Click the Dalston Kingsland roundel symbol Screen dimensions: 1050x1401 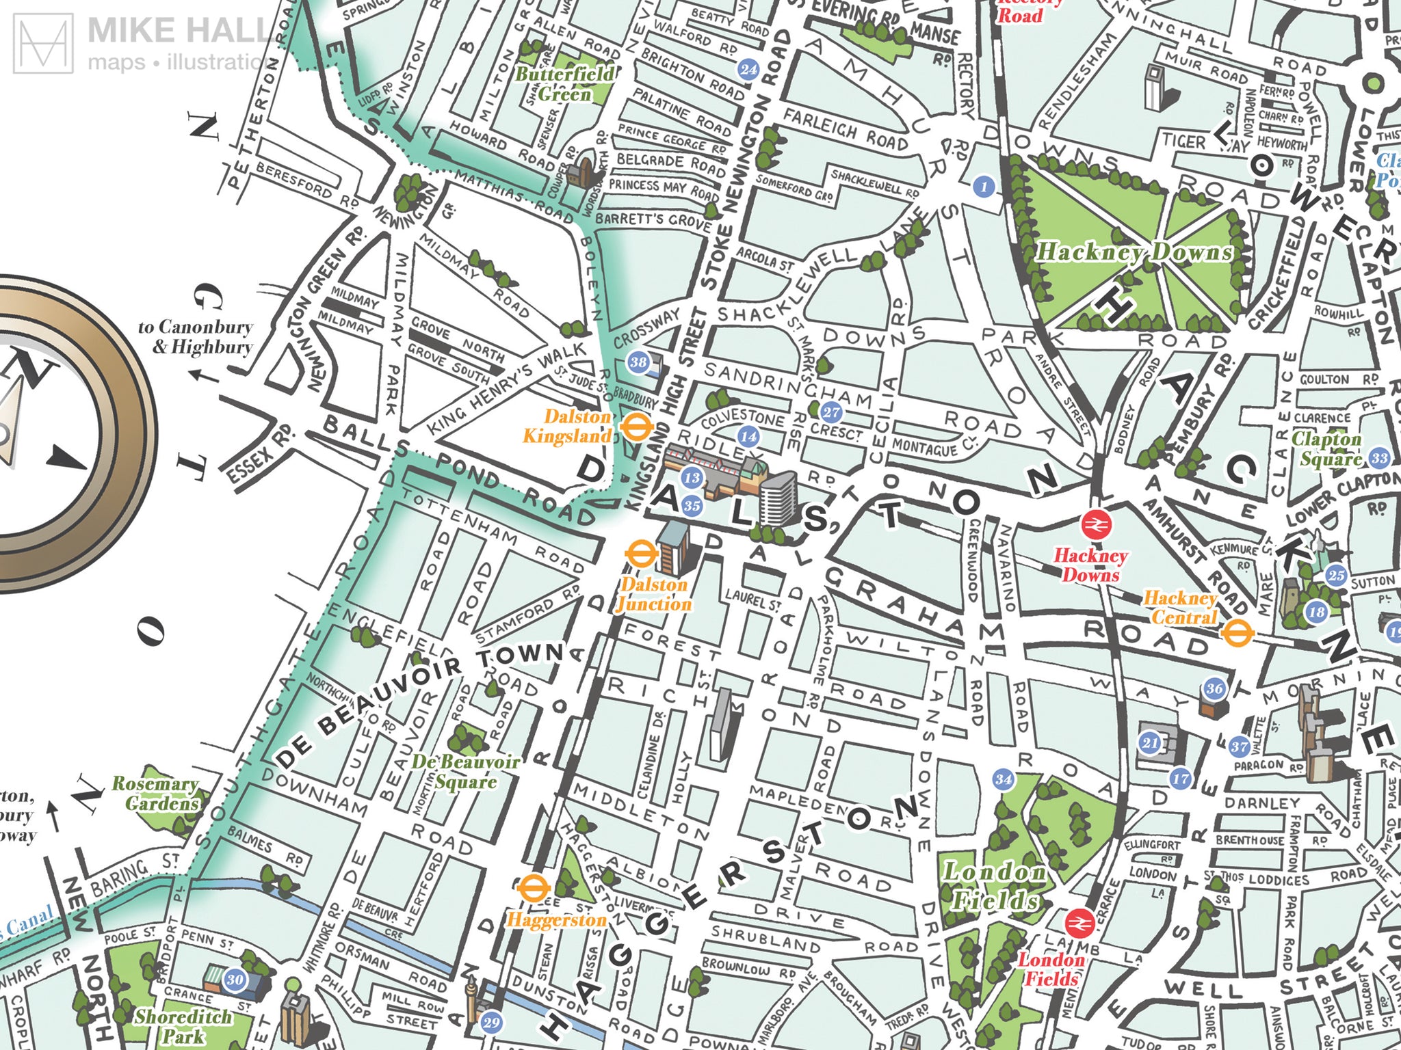tap(636, 429)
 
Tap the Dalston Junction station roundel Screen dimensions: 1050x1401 tap(641, 554)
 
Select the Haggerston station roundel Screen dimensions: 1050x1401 tap(533, 889)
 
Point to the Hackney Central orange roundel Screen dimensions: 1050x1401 tap(1237, 632)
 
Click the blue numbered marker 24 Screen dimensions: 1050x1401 tap(749, 69)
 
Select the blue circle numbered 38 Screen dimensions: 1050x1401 tap(638, 362)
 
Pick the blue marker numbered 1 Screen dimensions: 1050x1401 tap(984, 186)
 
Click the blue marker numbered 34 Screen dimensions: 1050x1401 tap(1004, 779)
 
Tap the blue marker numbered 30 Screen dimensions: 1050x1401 tap(235, 980)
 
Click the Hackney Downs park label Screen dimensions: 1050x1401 tap(1134, 252)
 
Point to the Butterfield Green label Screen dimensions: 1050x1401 tap(564, 83)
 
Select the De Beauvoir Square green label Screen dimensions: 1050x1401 tap(465, 771)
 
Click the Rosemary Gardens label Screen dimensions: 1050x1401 tap(155, 794)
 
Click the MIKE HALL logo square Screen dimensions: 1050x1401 tap(44, 44)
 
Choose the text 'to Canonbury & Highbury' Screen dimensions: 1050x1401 tap(196, 337)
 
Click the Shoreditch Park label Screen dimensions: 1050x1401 tap(183, 1026)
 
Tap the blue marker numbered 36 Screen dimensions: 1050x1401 tap(1214, 688)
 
